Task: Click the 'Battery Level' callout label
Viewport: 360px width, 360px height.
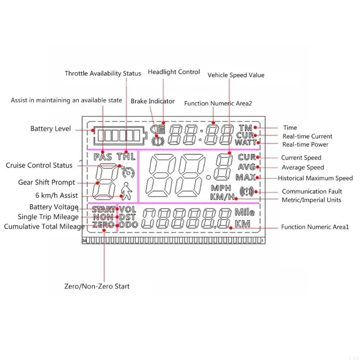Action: [x=50, y=129]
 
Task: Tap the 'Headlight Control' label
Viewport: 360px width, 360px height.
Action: [x=174, y=72]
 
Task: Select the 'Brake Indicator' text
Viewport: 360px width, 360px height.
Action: [x=153, y=101]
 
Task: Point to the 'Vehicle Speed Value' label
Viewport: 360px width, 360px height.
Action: [x=236, y=75]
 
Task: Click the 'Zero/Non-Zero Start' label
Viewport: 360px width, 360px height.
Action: [x=97, y=286]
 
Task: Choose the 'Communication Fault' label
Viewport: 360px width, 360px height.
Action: [x=312, y=191]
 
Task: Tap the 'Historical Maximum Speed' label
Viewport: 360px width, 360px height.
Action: [x=315, y=178]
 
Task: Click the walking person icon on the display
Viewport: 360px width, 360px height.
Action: [x=127, y=191]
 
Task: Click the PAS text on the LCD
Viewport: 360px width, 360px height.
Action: [x=103, y=157]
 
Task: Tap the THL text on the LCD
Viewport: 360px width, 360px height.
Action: [x=126, y=157]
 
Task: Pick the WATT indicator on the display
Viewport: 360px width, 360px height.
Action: [x=246, y=143]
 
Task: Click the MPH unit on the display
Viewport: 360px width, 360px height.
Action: [x=221, y=188]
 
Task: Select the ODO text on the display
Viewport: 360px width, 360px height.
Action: [x=128, y=225]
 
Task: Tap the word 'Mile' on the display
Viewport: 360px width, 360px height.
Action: [x=245, y=212]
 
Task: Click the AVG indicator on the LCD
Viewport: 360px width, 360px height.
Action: [x=247, y=167]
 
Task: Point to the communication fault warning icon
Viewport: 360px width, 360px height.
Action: [x=246, y=191]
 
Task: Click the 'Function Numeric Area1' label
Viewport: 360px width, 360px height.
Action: [x=315, y=227]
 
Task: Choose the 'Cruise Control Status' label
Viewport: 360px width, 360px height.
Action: [x=39, y=165]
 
